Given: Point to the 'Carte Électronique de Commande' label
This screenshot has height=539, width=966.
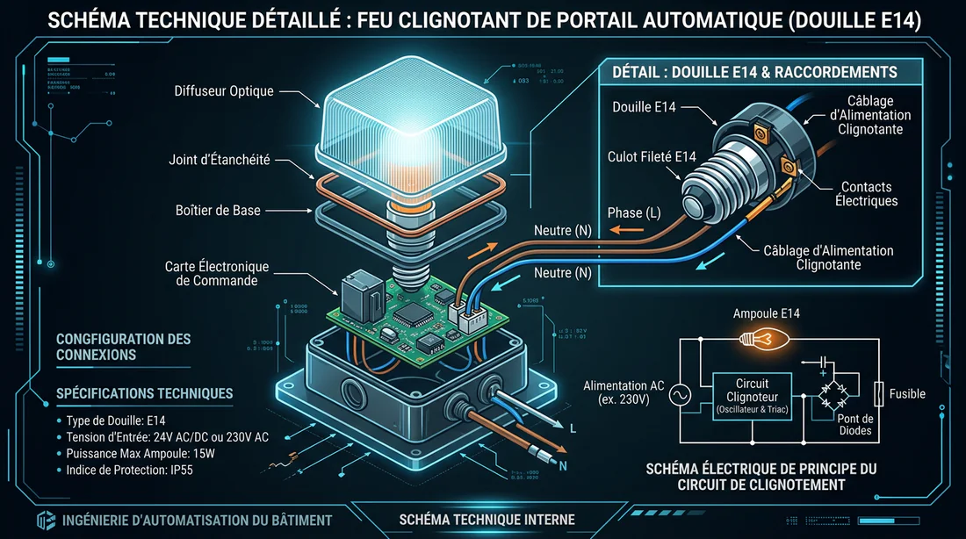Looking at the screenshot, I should [217, 273].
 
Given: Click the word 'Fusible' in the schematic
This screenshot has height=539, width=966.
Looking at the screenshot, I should [907, 394].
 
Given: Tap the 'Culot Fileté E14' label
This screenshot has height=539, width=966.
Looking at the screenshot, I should [652, 157].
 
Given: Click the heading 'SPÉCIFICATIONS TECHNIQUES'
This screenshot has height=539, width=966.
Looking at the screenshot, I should [144, 393].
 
